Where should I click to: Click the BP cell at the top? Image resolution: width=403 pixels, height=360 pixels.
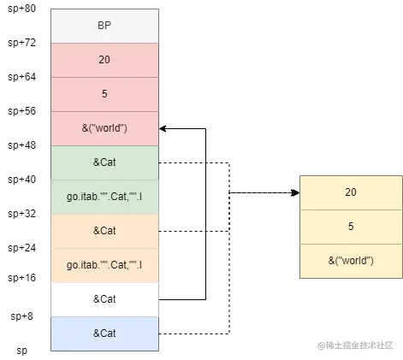(104, 26)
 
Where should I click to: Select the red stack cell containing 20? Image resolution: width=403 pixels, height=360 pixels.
(104, 60)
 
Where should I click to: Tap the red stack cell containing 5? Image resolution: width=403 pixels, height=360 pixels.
(104, 94)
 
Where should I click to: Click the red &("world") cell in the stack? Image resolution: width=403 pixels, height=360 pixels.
(104, 128)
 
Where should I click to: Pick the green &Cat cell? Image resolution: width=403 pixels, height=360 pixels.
(104, 162)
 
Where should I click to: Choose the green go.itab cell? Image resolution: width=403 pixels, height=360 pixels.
(104, 197)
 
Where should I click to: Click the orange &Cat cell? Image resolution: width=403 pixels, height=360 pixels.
(104, 231)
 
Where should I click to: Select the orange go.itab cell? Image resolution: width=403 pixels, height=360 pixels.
(104, 265)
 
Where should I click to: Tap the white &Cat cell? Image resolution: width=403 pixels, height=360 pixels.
(104, 299)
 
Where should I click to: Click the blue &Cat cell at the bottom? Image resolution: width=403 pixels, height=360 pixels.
(104, 333)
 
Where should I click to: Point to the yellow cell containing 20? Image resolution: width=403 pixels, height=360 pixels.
(350, 192)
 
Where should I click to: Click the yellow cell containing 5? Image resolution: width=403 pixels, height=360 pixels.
(350, 227)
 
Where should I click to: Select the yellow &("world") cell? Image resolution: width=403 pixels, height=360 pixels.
(350, 261)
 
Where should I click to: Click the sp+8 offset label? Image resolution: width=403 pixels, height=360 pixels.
(21, 316)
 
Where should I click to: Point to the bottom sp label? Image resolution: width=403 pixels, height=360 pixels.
(22, 351)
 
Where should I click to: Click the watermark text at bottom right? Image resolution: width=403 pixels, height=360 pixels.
(355, 345)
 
